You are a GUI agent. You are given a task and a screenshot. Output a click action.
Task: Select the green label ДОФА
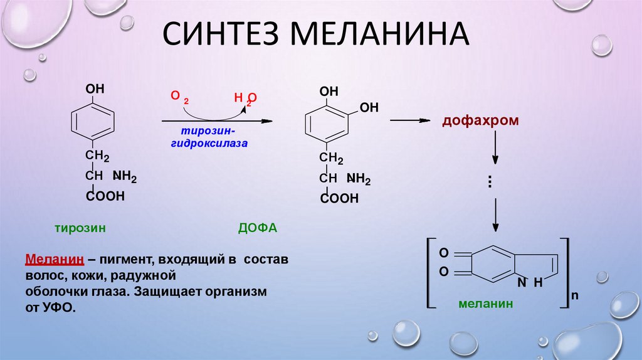coord(257,229)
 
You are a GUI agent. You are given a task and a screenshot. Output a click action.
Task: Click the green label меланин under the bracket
coord(485,304)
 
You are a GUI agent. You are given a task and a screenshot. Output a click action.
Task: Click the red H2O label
coord(245,98)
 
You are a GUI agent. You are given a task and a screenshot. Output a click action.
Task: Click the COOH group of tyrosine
coord(105,196)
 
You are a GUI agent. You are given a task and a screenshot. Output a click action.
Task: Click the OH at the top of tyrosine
coord(95,90)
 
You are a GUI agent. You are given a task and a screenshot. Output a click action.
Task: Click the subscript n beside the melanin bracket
coord(574,294)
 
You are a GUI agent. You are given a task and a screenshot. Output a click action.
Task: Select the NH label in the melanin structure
coord(529,283)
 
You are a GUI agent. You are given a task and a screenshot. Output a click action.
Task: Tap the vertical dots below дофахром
coord(489,181)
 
